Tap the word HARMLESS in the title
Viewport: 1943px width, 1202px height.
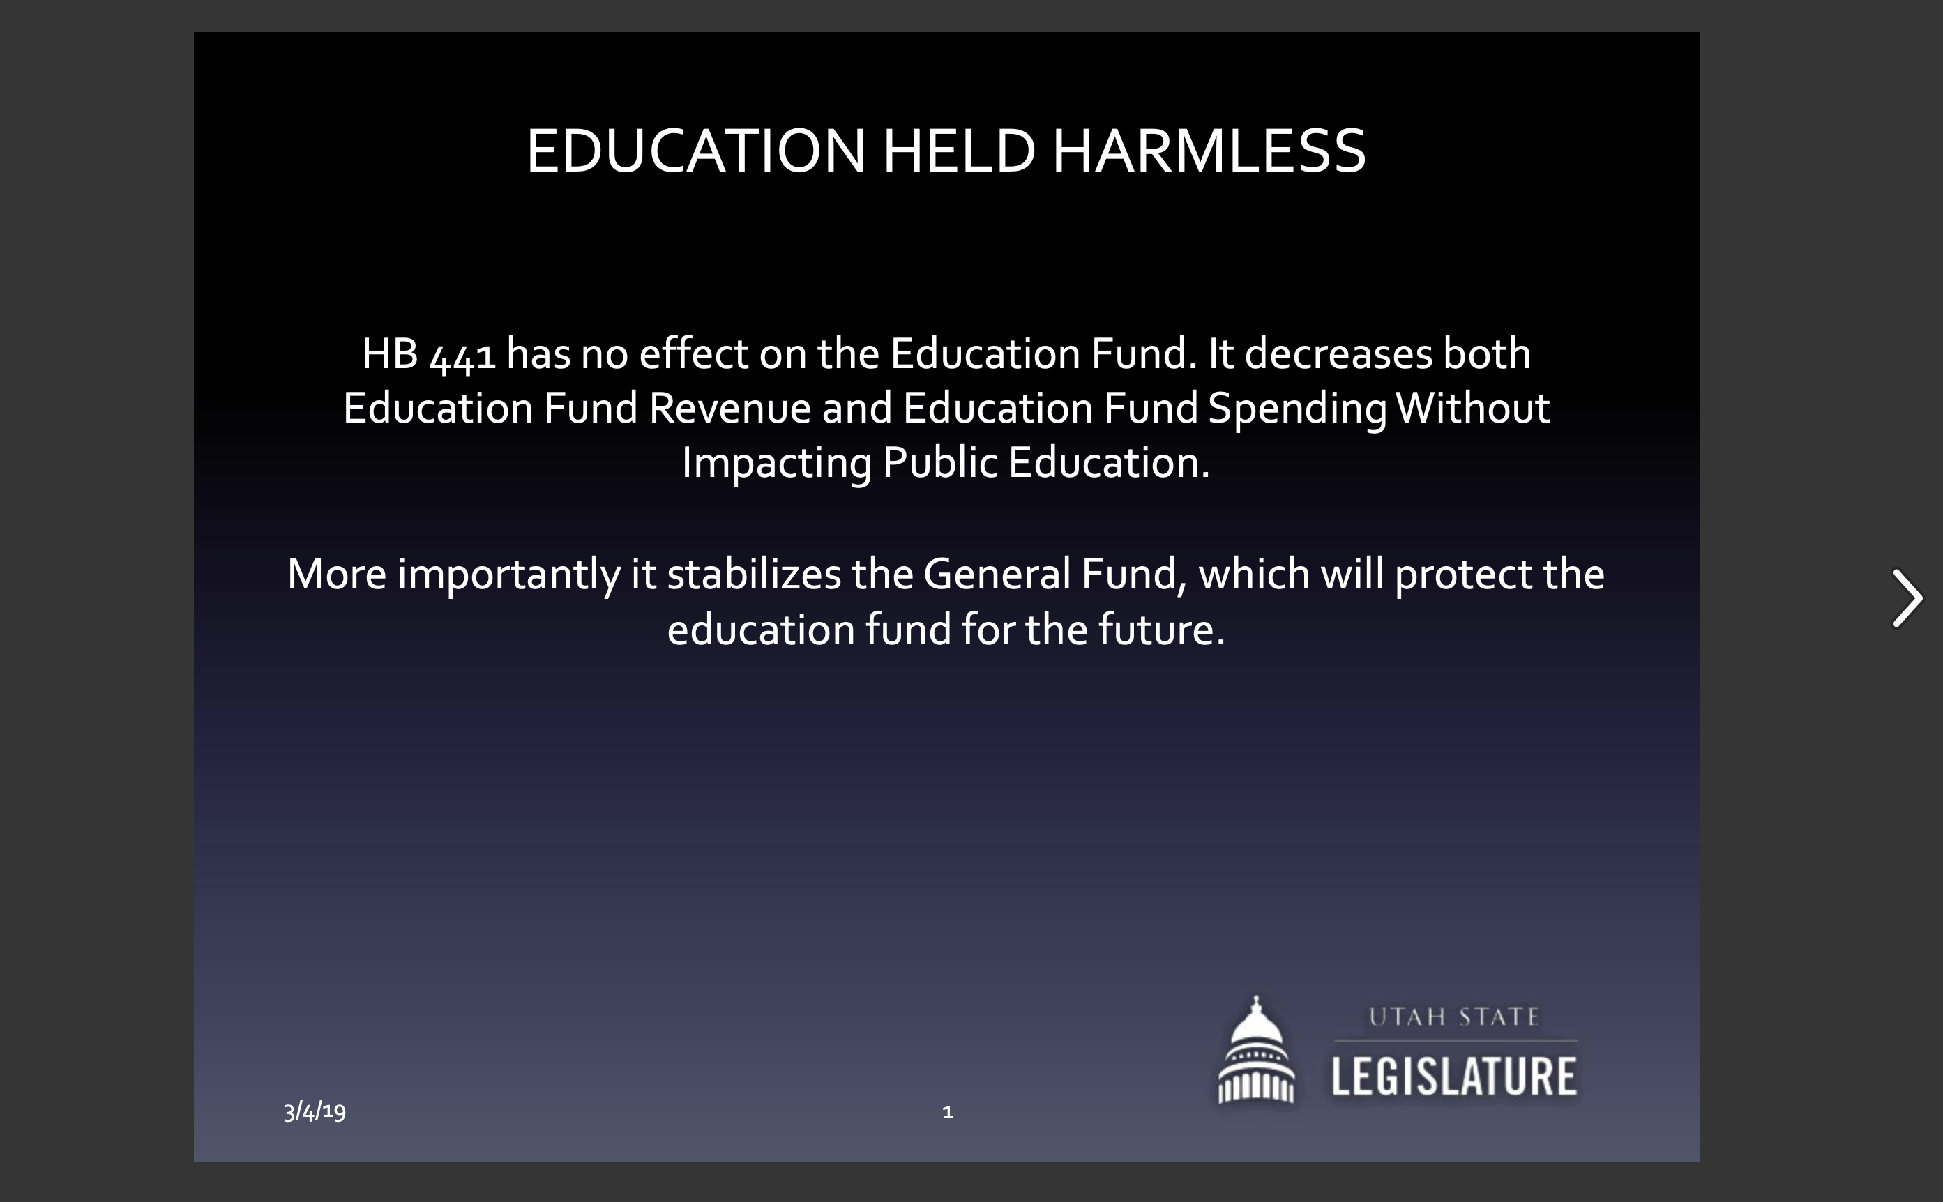click(1209, 151)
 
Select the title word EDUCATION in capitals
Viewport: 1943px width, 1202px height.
click(695, 151)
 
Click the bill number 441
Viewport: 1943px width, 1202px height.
click(462, 356)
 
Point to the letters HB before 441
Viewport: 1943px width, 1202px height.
click(391, 353)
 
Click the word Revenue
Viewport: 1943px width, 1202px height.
click(729, 409)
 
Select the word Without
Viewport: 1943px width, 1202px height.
click(1472, 408)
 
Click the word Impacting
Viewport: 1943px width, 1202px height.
click(777, 464)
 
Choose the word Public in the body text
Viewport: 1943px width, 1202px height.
click(939, 463)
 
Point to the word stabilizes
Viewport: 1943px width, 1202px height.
click(754, 574)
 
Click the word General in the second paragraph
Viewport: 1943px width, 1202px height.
click(997, 574)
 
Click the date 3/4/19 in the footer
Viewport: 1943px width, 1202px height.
click(315, 1111)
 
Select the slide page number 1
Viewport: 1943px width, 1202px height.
click(947, 1112)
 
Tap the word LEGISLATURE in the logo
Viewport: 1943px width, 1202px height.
click(1454, 1077)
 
